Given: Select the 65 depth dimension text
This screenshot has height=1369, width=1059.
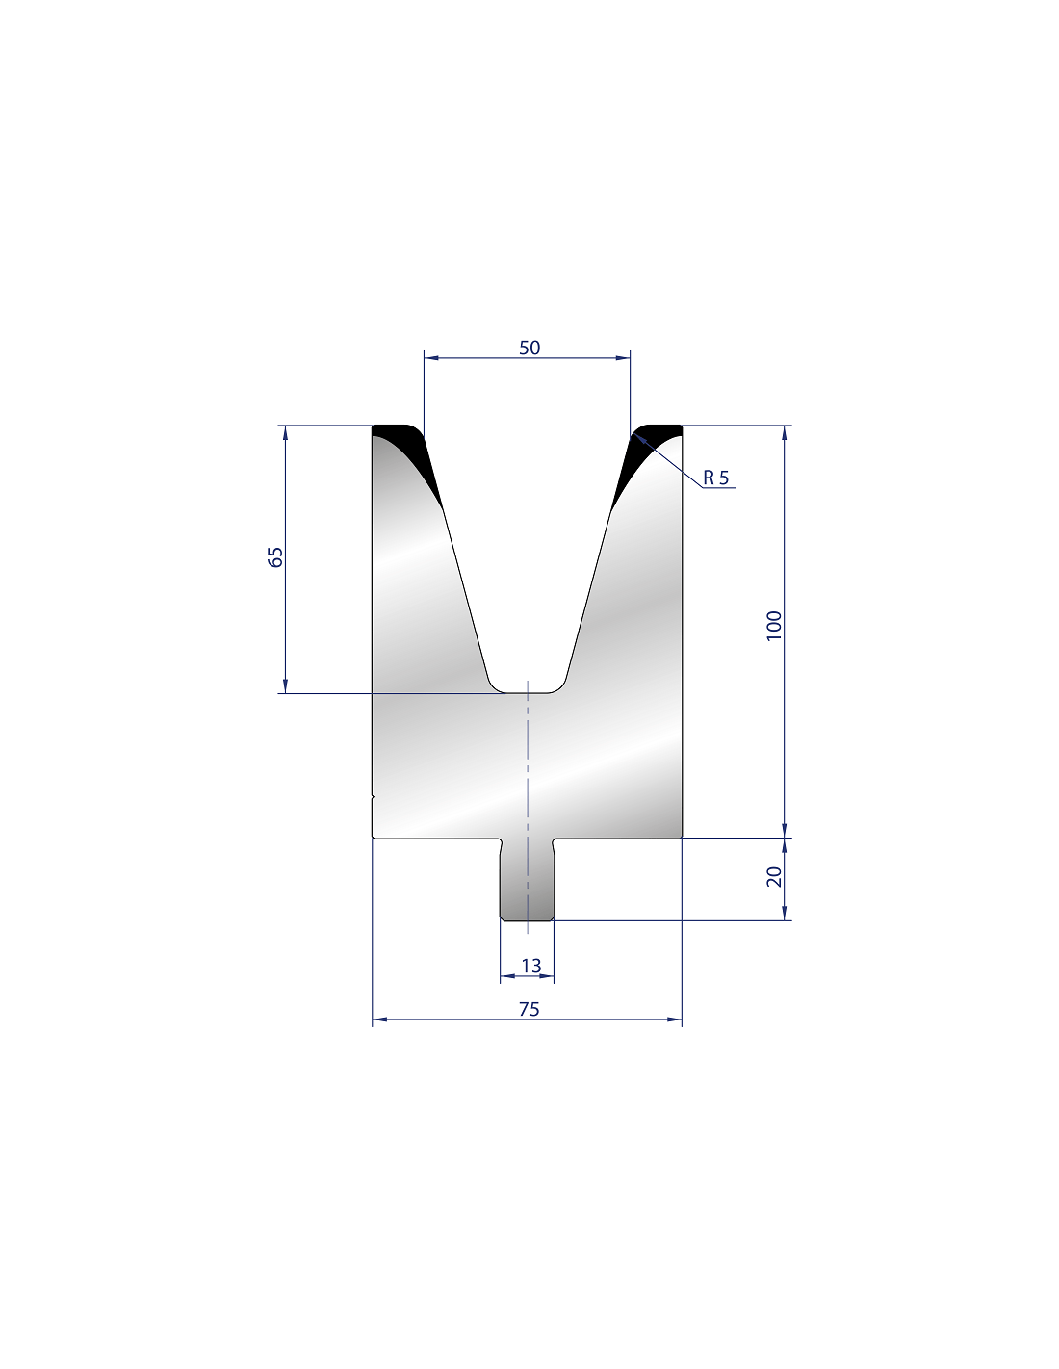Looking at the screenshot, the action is coord(275,557).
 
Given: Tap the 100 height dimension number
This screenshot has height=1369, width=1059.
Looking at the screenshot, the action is coord(774,626).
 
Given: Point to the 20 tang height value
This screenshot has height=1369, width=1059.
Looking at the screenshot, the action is coord(774,876).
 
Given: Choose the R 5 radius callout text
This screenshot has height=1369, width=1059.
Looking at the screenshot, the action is coord(715,478).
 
